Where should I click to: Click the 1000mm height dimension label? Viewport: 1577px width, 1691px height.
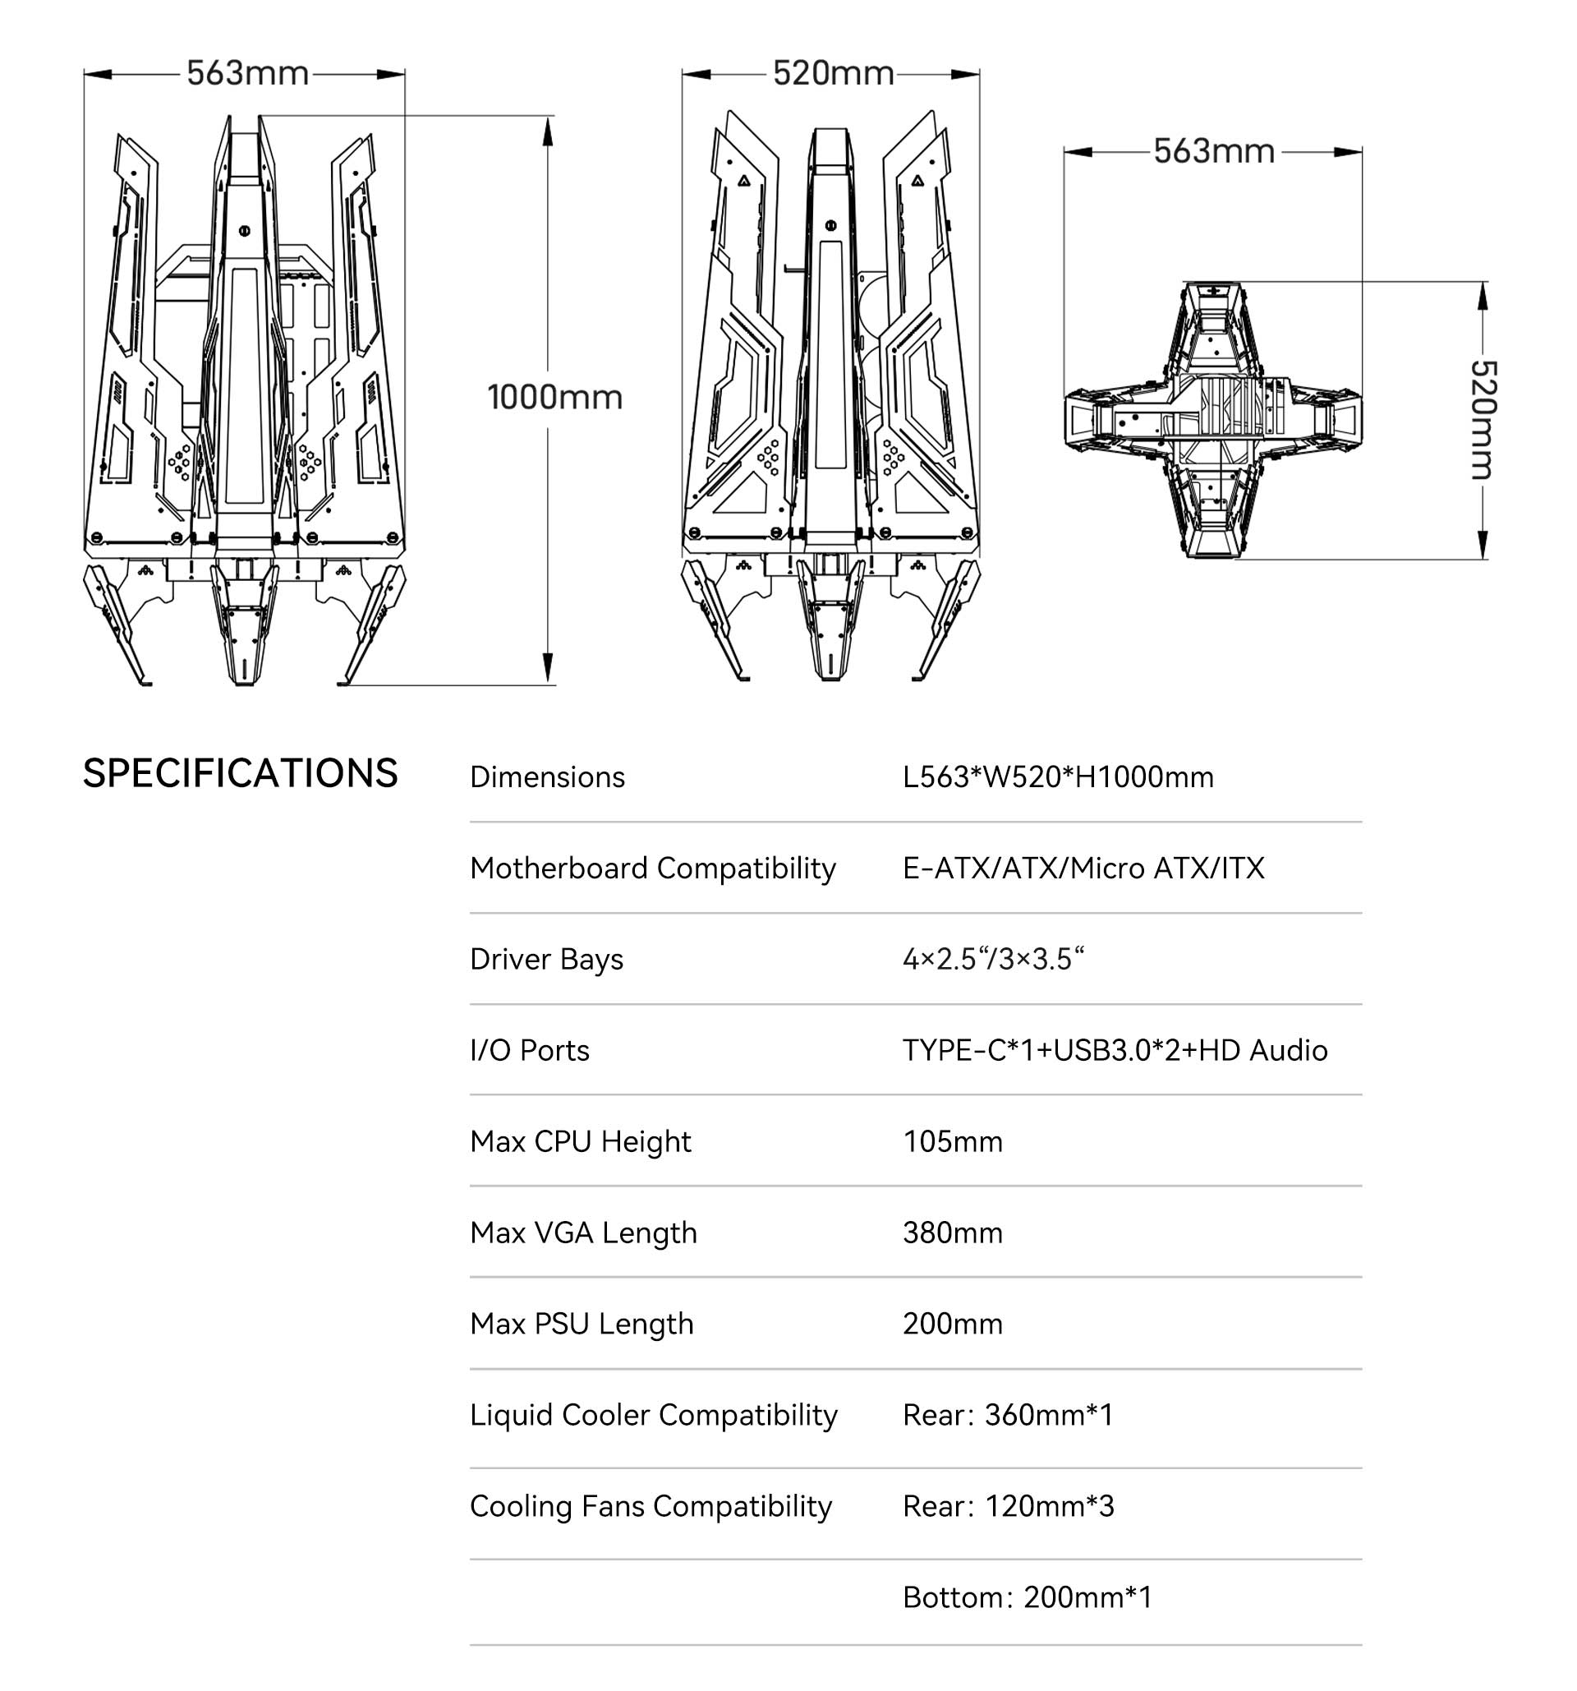554,397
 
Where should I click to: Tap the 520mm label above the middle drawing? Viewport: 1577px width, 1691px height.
832,73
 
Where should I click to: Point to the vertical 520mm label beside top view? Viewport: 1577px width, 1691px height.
1483,419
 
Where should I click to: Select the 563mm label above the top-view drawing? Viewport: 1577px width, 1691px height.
1213,151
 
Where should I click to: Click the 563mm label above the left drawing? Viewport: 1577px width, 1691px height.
247,73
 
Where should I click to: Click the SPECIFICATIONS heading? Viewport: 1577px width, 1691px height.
240,773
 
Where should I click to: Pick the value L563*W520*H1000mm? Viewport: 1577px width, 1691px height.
1058,776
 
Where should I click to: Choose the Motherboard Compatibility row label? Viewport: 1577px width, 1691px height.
652,868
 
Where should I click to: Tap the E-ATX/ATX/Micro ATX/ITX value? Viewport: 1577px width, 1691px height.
1083,868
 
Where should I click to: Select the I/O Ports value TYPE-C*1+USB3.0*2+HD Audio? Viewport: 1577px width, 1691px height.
1115,1049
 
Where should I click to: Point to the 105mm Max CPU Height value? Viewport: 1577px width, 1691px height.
952,1140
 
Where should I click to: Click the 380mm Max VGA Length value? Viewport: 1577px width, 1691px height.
952,1233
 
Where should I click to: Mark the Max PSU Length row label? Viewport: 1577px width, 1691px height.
582,1324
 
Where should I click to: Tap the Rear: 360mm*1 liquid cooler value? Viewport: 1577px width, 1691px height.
1008,1415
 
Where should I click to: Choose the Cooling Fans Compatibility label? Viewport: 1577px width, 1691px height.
651,1505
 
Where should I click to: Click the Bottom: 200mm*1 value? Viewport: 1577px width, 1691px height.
1027,1597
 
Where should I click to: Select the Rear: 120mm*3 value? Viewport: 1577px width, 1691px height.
1008,1505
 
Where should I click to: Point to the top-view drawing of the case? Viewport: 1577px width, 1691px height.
1212,419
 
